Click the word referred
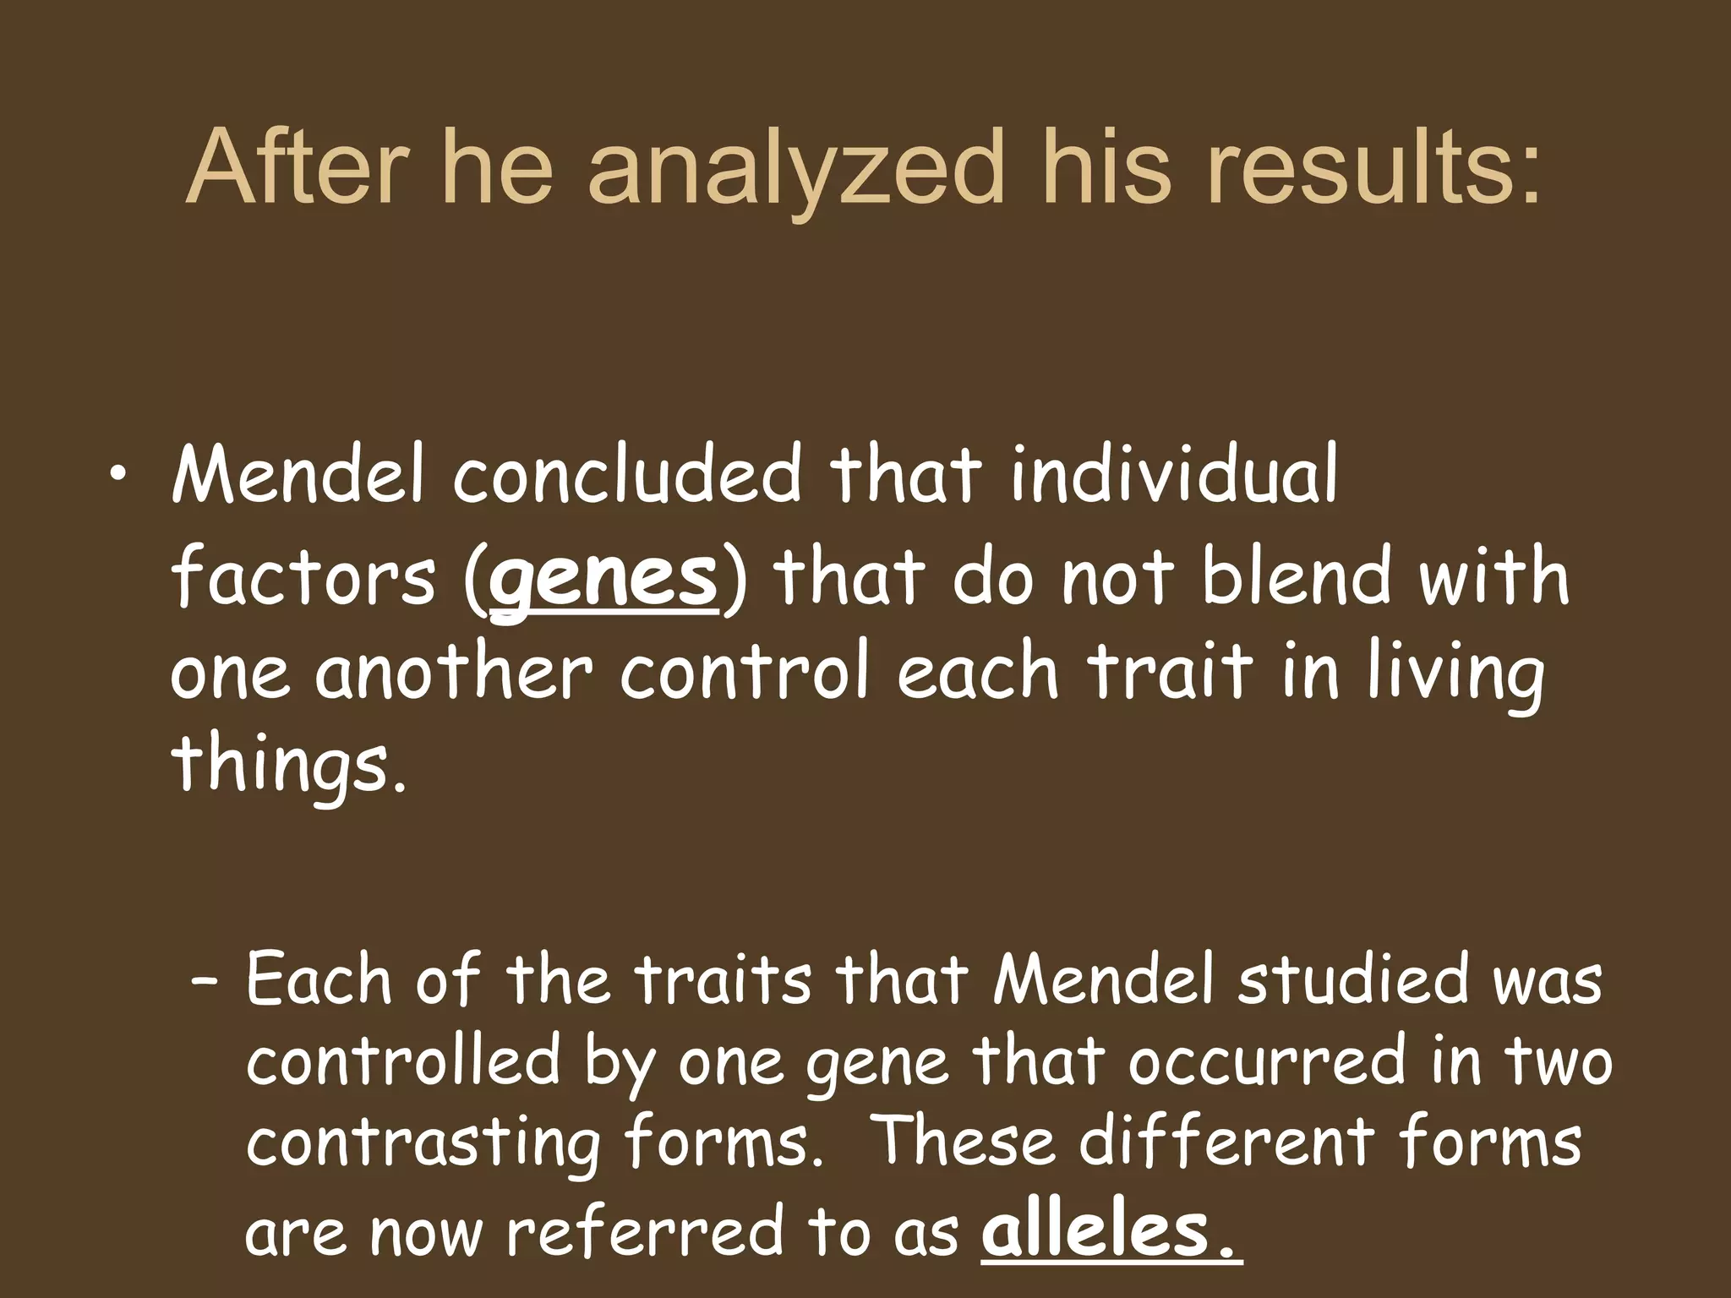pos(646,1230)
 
